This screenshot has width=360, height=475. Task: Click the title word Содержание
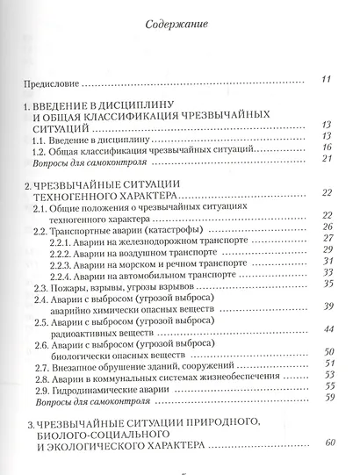click(x=176, y=25)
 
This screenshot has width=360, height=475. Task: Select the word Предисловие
click(x=52, y=84)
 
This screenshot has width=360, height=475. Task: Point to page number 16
click(x=325, y=148)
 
